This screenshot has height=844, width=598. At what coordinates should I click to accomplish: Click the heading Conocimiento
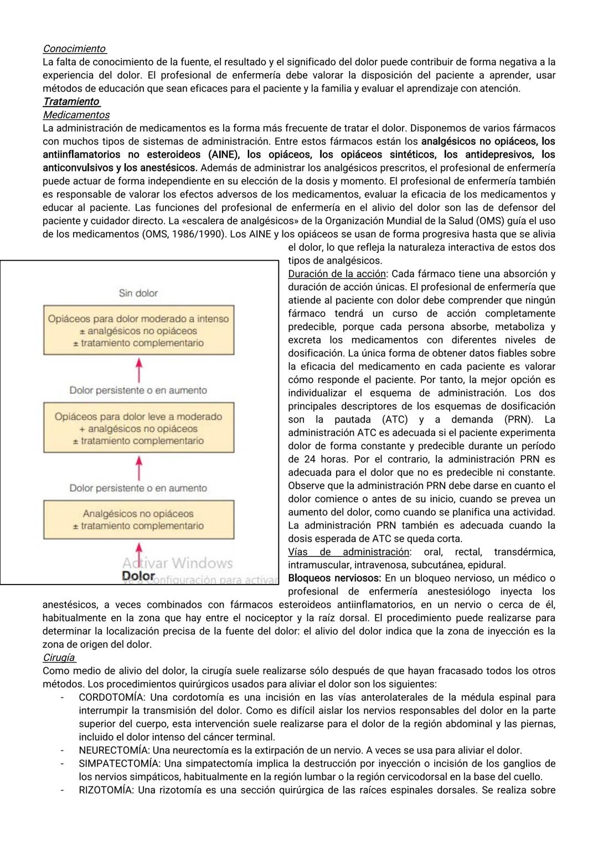(74, 49)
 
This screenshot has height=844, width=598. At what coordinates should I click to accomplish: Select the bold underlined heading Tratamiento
(71, 102)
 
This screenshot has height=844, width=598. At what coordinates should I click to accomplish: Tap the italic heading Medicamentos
(76, 115)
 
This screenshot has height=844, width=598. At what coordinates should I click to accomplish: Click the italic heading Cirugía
(59, 658)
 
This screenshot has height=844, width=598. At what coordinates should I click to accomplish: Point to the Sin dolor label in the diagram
(138, 293)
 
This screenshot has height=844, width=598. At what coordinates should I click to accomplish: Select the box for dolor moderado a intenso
(138, 330)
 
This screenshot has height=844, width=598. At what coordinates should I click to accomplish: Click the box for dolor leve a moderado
(138, 428)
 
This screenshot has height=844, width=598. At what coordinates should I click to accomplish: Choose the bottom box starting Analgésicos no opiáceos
(138, 519)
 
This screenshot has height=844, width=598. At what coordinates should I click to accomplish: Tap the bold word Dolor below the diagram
(138, 576)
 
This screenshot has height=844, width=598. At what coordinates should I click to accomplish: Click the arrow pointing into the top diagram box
(139, 369)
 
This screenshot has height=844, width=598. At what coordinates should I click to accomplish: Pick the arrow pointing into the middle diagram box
(139, 467)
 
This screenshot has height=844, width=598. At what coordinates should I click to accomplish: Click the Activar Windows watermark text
(177, 563)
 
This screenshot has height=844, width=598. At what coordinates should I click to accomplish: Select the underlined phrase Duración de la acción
(337, 274)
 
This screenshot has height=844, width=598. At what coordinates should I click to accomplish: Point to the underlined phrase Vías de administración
(348, 552)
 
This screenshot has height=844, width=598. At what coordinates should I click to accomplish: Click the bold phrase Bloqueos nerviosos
(334, 578)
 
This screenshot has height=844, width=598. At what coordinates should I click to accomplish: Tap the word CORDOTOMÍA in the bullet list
(112, 697)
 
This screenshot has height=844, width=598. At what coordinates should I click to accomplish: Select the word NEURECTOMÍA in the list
(114, 751)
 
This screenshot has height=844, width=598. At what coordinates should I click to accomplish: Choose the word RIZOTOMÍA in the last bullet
(106, 790)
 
